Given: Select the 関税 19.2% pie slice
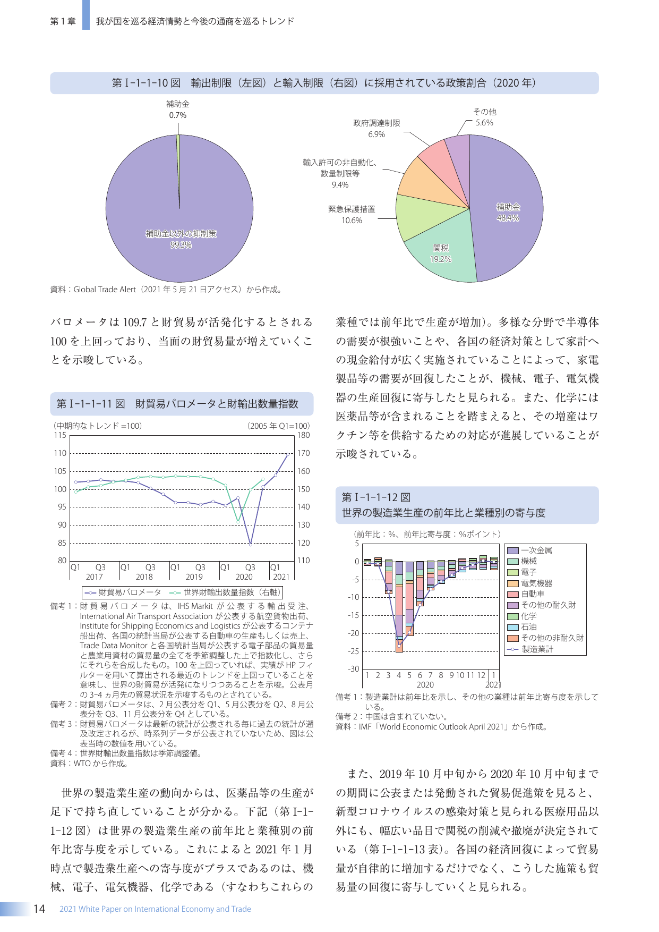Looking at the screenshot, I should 441,253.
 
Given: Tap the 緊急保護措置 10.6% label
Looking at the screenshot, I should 352,215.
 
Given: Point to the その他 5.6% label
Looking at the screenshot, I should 484,117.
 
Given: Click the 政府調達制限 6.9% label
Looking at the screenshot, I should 376,129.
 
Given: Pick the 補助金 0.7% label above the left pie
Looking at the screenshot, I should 177,109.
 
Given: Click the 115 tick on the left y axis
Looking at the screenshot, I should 60,435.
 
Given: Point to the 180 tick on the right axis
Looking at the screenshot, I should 303,435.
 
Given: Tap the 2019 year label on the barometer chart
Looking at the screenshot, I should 194,577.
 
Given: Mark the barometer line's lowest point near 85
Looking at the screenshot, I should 251,544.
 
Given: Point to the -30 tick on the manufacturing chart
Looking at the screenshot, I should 354,669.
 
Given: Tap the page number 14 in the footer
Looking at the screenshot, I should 39,909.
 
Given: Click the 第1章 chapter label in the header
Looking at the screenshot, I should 63,21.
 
